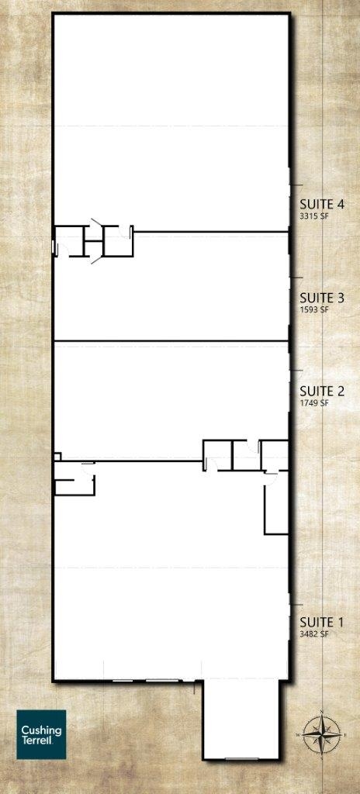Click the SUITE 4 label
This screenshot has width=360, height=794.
tap(322, 205)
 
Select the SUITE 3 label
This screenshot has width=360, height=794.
tap(322, 298)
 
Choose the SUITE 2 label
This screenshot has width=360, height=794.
tap(322, 391)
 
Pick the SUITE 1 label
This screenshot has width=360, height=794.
tap(322, 622)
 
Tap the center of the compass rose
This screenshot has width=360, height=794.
tap(322, 734)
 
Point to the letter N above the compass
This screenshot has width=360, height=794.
tap(322, 712)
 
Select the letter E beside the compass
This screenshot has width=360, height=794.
tap(344, 734)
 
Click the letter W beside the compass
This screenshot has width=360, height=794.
tap(299, 734)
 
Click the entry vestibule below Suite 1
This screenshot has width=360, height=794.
tap(241, 719)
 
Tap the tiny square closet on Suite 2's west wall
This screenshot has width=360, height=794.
tap(58, 456)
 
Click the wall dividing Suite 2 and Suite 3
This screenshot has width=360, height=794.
tap(171, 341)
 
